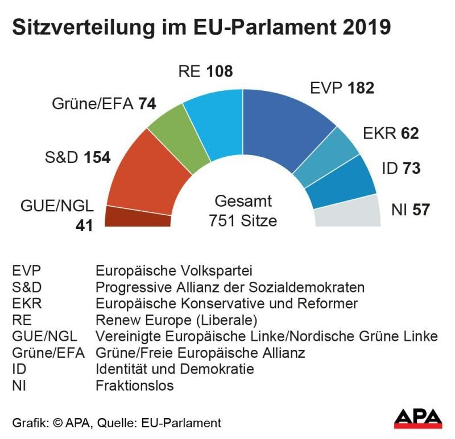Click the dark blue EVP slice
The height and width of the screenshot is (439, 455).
(284, 125)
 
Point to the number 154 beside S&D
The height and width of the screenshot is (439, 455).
(97, 158)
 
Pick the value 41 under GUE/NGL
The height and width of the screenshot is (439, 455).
(84, 224)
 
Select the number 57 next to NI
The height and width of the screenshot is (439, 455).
(421, 210)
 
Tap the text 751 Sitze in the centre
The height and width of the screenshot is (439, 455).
(243, 220)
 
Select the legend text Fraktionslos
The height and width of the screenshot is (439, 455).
(135, 386)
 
